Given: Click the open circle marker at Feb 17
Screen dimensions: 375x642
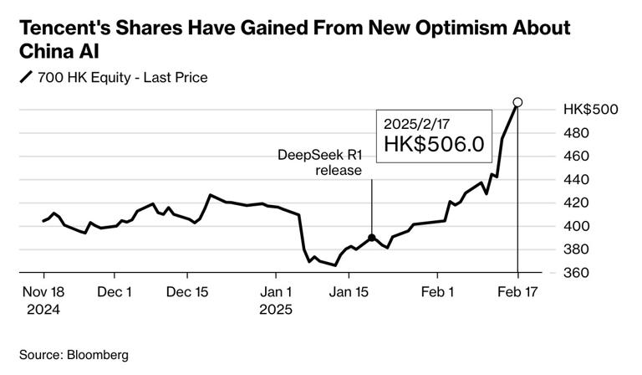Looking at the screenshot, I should pos(517,103).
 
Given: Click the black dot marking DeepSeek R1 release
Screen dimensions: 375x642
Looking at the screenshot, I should pos(371,238).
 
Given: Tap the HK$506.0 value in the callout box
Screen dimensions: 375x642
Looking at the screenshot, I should pos(434,144).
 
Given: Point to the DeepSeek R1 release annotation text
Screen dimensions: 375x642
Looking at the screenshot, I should pos(320,163).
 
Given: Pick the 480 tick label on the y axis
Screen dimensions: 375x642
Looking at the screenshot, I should pos(577,133).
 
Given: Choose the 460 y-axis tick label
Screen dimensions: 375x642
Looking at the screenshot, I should pos(577,157).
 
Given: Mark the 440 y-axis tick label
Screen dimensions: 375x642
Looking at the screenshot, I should pos(577,180).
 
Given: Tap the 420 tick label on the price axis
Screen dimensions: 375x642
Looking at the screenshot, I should pos(577,203).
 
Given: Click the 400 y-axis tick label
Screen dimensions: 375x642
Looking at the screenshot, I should pos(577,227).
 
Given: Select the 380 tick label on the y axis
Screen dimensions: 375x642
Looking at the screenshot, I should pos(577,250).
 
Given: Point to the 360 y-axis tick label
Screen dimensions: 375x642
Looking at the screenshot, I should pos(577,274).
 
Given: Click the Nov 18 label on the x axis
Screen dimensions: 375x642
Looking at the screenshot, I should pos(43,292).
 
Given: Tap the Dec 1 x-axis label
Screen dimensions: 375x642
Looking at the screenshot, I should pos(115,292).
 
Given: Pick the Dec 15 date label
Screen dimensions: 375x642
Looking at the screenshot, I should pos(187,292).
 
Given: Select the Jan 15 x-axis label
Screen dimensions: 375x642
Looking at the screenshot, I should pos(349,292).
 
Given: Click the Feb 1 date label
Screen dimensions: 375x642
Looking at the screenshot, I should pos(438,292).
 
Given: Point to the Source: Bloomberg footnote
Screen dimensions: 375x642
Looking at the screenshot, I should pos(74,355).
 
